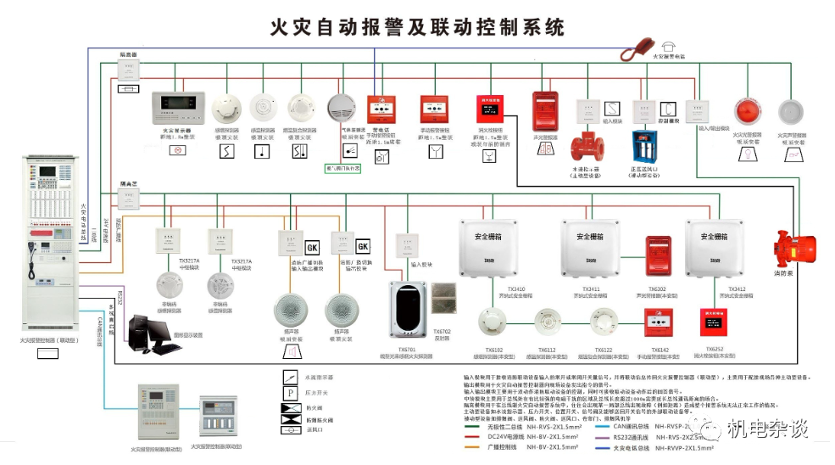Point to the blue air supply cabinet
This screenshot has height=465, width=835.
click(647, 146)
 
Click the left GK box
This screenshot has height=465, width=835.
click(313, 246)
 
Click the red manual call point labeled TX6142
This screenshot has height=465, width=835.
click(658, 323)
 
